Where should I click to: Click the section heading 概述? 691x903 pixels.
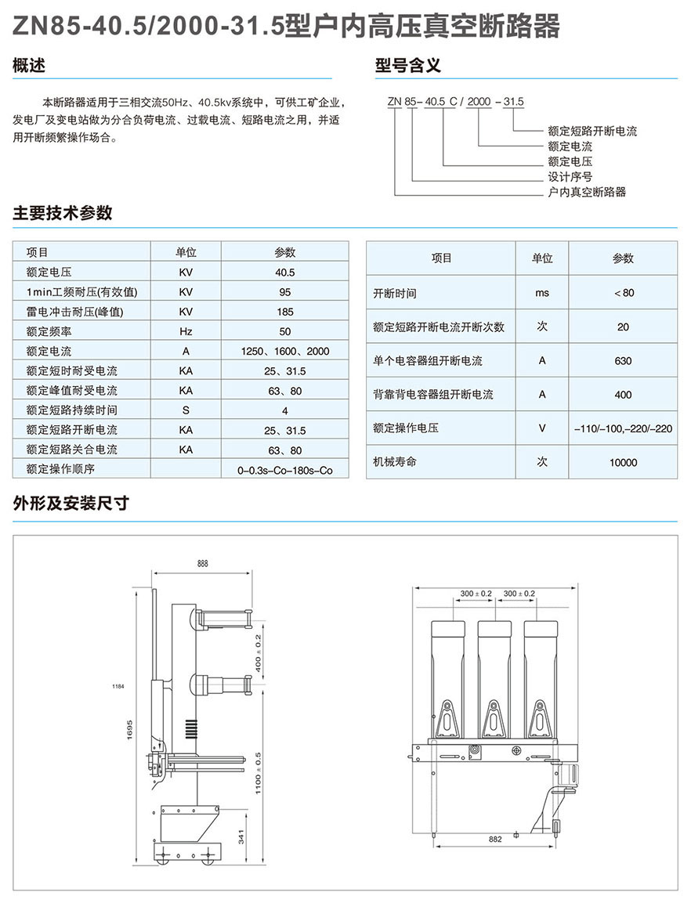coord(29,66)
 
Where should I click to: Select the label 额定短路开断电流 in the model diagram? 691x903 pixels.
coord(592,132)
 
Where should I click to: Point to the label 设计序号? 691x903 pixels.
coord(570,176)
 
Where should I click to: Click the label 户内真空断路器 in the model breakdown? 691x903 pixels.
coord(587,192)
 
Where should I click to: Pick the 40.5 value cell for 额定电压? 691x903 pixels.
coord(284,273)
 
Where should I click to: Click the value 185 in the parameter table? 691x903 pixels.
coord(284,312)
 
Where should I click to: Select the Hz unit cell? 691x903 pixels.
coord(186,331)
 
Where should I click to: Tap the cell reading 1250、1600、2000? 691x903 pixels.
coord(284,352)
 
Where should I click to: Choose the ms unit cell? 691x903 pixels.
coord(542,293)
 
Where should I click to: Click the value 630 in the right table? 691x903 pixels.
coord(623,361)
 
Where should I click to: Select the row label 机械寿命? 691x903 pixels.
coord(395,462)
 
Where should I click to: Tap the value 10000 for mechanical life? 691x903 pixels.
coord(623,463)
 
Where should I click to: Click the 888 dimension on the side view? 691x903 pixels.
coord(203,564)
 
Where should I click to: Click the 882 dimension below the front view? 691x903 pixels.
coord(494,840)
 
